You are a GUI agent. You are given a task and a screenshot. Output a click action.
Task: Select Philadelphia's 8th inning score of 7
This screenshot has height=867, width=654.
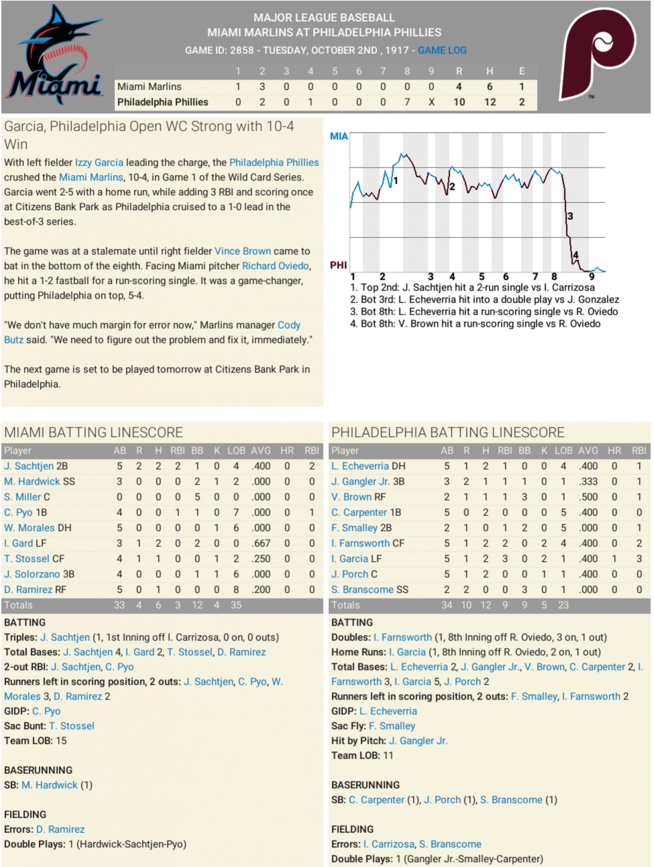coord(407,102)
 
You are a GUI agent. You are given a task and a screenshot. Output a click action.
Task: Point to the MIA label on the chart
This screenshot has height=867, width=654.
coord(339,136)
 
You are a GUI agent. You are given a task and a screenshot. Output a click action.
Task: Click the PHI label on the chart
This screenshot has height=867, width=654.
coord(338,265)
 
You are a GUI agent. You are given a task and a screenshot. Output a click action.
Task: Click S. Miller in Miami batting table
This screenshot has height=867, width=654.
coord(23,497)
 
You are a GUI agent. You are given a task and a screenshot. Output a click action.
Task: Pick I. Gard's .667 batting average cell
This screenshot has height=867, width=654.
coord(260,543)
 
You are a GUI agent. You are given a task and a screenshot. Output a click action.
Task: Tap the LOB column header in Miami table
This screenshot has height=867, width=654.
coord(236,451)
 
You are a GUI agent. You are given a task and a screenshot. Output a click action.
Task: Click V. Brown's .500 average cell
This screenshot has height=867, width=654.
coord(588,497)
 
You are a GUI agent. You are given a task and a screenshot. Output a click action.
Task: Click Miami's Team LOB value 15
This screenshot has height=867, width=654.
coord(61,741)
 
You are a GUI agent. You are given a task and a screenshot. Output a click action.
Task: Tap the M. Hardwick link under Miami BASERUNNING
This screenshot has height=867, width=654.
coord(49,785)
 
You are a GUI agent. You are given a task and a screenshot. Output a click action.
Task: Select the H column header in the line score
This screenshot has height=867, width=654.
coord(490,71)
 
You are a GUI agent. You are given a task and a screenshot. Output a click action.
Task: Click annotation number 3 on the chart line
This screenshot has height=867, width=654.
coord(570,216)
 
